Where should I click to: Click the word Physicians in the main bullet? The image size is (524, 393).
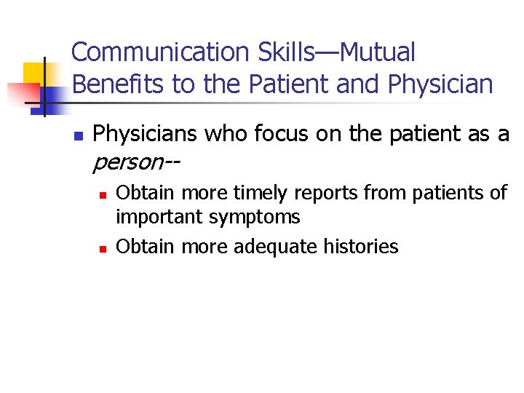coord(146,134)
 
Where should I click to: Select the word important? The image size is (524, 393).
coord(160,217)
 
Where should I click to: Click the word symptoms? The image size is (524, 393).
coord(254,218)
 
